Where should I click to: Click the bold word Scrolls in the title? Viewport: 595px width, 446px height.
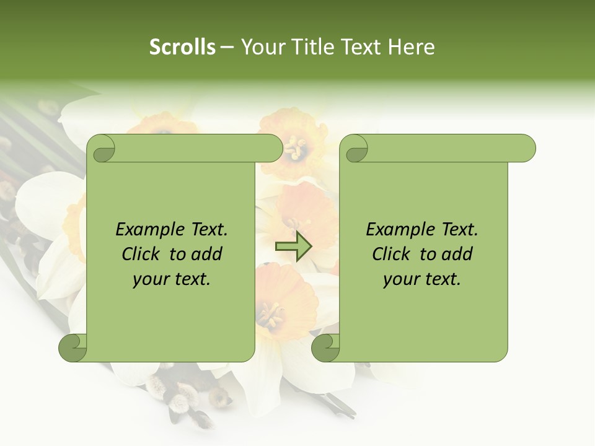point(183,47)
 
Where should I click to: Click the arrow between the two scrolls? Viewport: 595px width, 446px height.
point(293,247)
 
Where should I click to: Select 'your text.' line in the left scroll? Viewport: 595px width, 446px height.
point(172,279)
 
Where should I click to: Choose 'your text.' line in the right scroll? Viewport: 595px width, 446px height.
point(422,279)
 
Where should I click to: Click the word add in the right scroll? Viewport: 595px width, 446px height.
point(457,254)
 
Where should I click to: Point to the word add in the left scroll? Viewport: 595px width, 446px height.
point(207,254)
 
